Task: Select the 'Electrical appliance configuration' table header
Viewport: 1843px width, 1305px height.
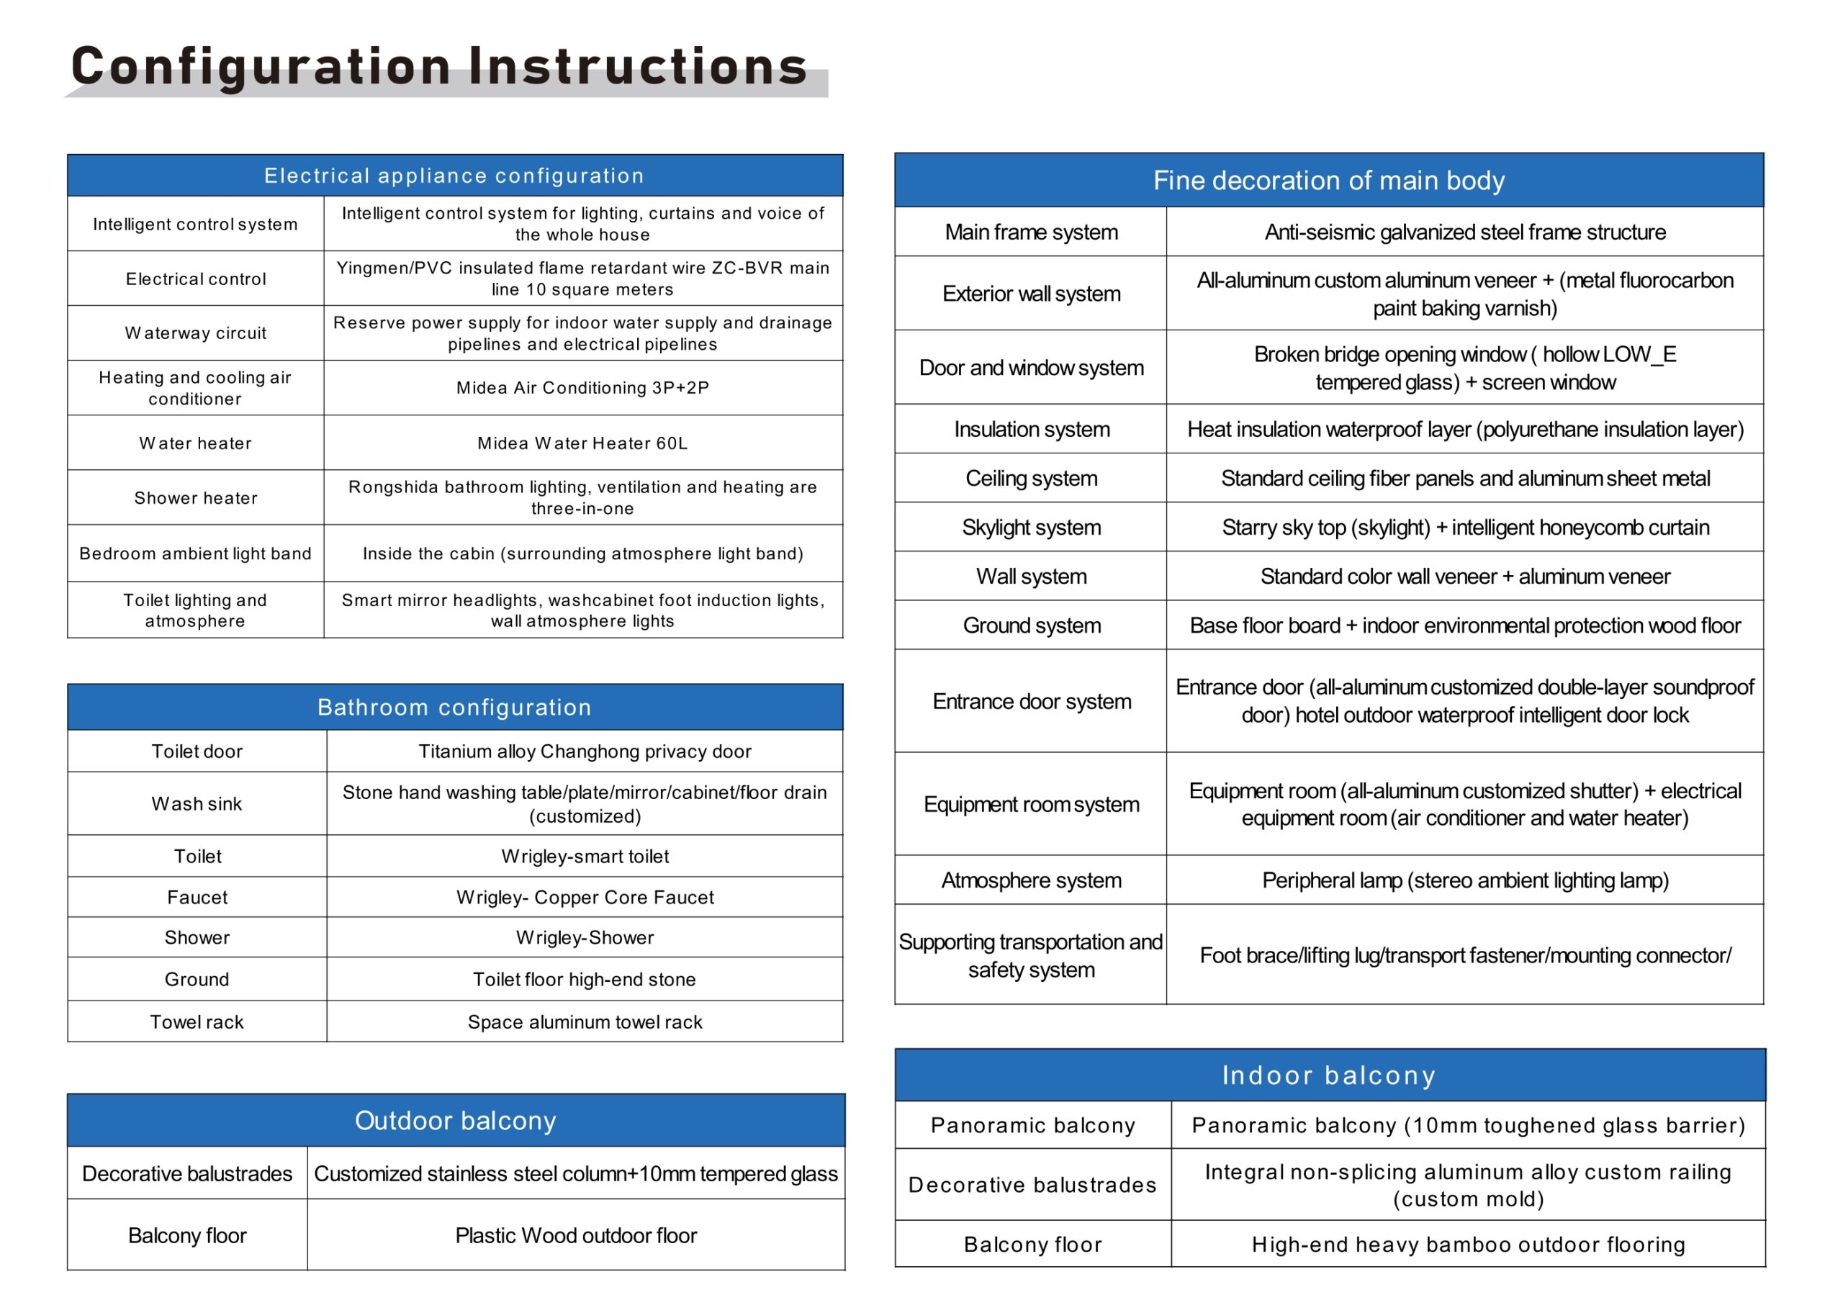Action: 454,176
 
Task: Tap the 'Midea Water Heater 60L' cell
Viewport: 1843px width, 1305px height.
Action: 582,443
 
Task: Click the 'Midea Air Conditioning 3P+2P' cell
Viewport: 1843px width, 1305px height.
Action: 582,388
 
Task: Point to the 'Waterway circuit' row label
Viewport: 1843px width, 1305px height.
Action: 195,333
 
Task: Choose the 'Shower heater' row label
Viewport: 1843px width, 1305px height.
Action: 195,498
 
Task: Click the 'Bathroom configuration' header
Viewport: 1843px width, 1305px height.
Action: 454,707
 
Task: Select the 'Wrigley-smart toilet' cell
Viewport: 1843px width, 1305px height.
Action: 585,857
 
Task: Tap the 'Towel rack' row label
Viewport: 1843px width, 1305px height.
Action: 197,1022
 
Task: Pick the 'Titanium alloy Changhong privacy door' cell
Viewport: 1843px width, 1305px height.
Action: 585,751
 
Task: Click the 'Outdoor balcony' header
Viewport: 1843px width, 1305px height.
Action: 456,1120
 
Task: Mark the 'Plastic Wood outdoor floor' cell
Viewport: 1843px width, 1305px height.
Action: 575,1236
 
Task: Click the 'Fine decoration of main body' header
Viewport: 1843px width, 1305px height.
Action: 1328,181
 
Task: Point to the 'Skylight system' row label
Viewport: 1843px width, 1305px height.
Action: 1031,528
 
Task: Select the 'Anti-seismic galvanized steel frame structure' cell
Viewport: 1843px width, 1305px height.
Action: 1464,232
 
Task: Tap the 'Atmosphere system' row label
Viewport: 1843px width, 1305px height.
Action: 1031,881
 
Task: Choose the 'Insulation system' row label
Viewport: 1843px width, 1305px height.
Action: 1031,430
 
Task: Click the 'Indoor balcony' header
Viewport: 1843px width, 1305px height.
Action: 1328,1075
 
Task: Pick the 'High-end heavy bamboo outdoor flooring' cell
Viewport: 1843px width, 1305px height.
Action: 1468,1245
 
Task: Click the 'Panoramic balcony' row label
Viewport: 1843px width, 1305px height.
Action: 1033,1126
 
